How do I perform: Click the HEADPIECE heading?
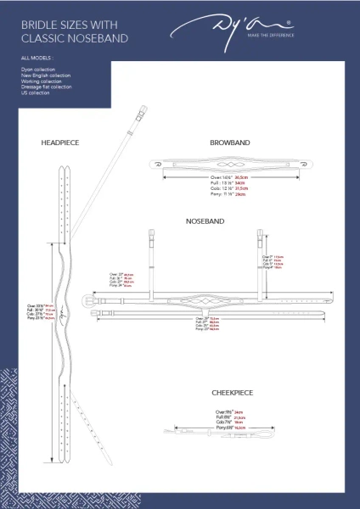(x=59, y=143)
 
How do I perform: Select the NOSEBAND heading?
(x=205, y=221)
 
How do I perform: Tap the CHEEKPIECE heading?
(x=233, y=394)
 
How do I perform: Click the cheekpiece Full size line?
(x=230, y=418)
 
